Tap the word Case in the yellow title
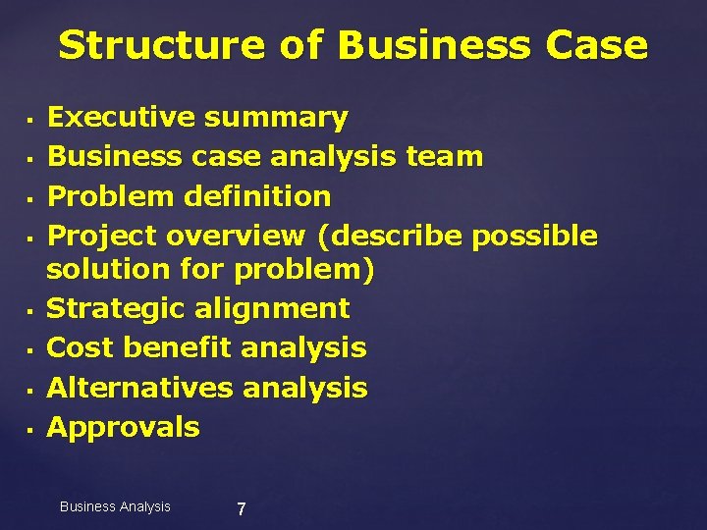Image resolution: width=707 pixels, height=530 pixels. pyautogui.click(x=591, y=46)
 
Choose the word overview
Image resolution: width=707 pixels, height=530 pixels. pyautogui.click(x=236, y=236)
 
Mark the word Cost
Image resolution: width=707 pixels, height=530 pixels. pyautogui.click(x=80, y=347)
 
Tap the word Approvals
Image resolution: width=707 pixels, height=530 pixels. pyautogui.click(x=123, y=427)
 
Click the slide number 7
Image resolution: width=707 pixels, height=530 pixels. pyautogui.click(x=242, y=509)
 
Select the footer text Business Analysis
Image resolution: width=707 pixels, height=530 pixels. pyautogui.click(x=115, y=506)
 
